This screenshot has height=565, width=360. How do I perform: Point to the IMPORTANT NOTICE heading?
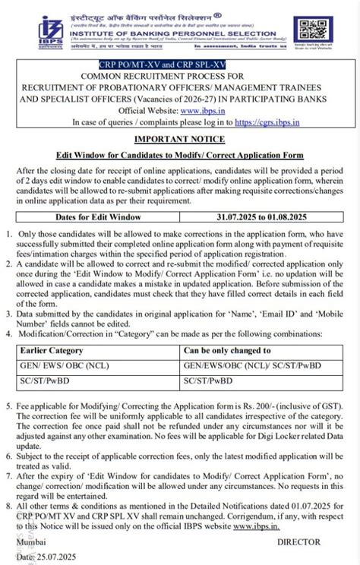(179, 139)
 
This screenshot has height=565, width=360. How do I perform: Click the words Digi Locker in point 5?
(266, 437)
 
